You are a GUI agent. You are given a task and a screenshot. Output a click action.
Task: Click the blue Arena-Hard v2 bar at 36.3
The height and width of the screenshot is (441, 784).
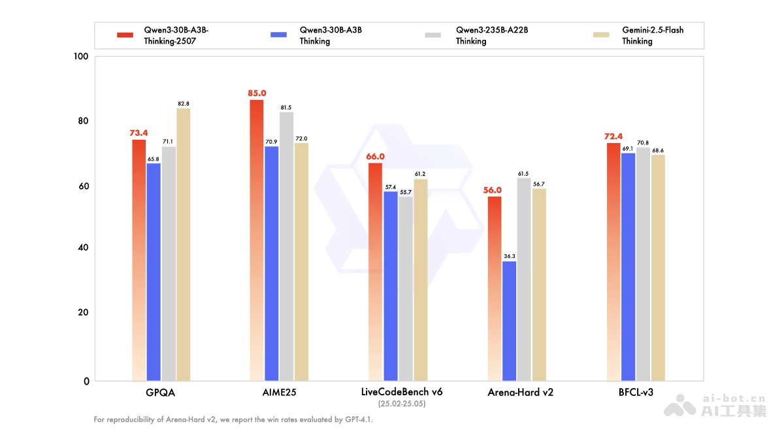(x=509, y=321)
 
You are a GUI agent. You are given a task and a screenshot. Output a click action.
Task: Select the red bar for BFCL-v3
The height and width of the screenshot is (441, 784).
(x=612, y=261)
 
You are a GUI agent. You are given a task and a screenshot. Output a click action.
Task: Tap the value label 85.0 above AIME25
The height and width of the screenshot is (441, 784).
(x=257, y=93)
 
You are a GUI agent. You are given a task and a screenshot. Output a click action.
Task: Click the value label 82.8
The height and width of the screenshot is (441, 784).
(x=183, y=103)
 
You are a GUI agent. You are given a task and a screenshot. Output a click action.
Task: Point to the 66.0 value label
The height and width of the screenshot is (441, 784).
(x=376, y=157)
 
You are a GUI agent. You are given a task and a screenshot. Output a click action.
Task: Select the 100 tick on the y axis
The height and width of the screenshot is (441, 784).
(x=81, y=57)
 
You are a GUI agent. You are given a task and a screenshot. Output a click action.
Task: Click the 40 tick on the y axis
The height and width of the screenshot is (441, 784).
(x=83, y=248)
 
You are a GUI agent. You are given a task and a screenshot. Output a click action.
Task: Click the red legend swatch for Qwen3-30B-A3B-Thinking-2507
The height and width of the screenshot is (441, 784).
(x=125, y=35)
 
